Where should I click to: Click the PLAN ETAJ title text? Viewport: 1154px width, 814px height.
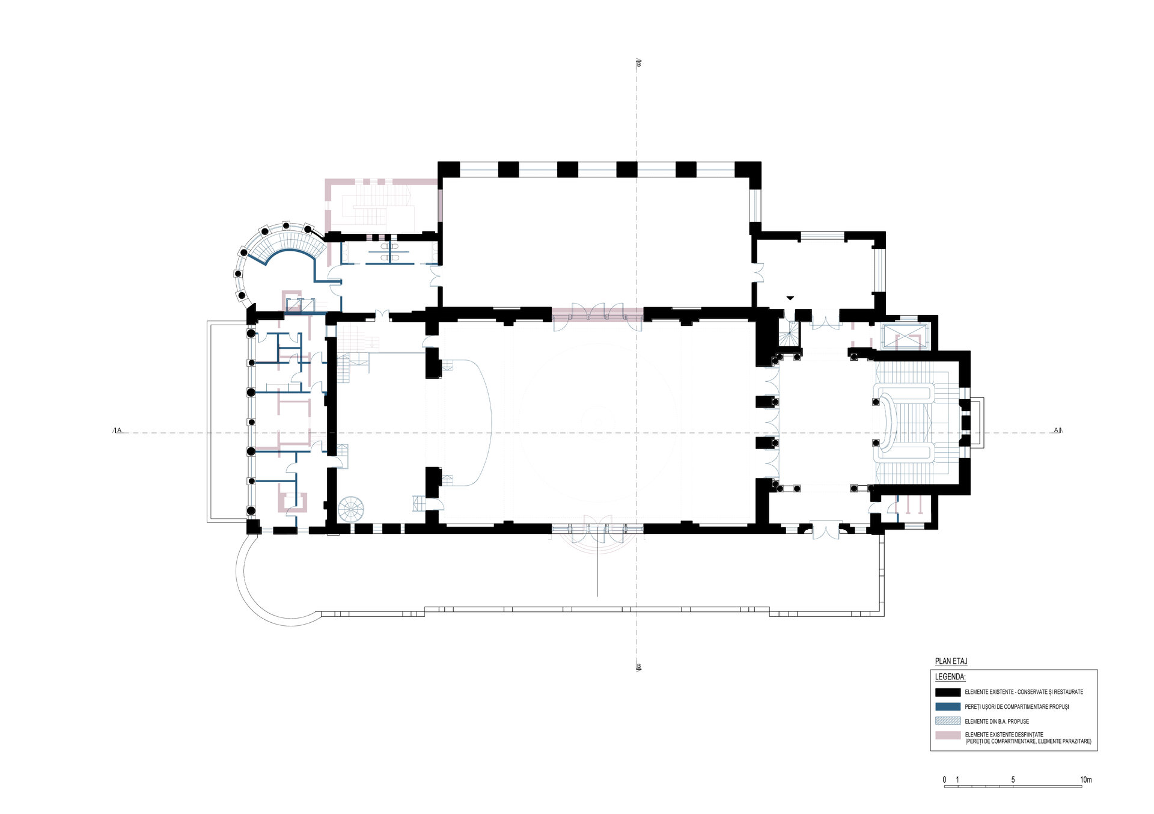(x=951, y=661)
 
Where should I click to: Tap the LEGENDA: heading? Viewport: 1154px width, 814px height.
(x=950, y=676)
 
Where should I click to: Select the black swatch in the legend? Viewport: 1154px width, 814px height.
(x=948, y=692)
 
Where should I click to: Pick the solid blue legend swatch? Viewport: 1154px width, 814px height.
(x=948, y=706)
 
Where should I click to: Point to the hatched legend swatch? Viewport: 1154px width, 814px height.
(x=948, y=721)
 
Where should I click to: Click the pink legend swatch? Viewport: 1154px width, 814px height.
(x=948, y=736)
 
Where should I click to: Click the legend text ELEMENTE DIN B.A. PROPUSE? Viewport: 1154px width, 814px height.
(x=997, y=721)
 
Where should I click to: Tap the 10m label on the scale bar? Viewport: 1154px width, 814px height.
(x=1085, y=780)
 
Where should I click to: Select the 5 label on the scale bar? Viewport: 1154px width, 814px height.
(x=1013, y=780)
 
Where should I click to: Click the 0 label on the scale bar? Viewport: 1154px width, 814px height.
(x=944, y=780)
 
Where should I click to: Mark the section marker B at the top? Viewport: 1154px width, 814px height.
(x=638, y=64)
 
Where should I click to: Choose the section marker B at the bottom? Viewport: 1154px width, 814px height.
(x=638, y=666)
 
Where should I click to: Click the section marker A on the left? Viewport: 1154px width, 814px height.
(x=118, y=430)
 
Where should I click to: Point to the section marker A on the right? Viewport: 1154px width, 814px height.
(x=1057, y=430)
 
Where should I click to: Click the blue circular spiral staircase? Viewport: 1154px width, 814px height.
(x=350, y=510)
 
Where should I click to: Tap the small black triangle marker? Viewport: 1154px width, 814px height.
(x=790, y=298)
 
